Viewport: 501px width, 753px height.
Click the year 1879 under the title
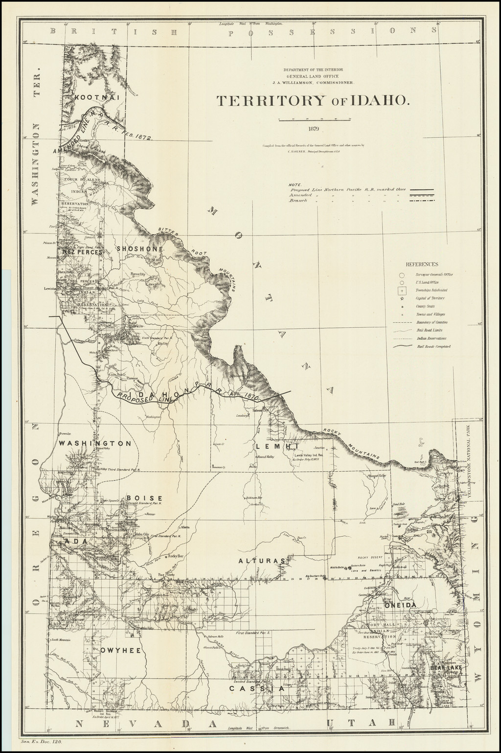pos(314,129)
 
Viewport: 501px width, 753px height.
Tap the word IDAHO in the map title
pos(376,101)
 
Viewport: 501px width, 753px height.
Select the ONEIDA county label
pos(400,605)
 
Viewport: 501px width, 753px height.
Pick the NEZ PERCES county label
pos(83,252)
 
